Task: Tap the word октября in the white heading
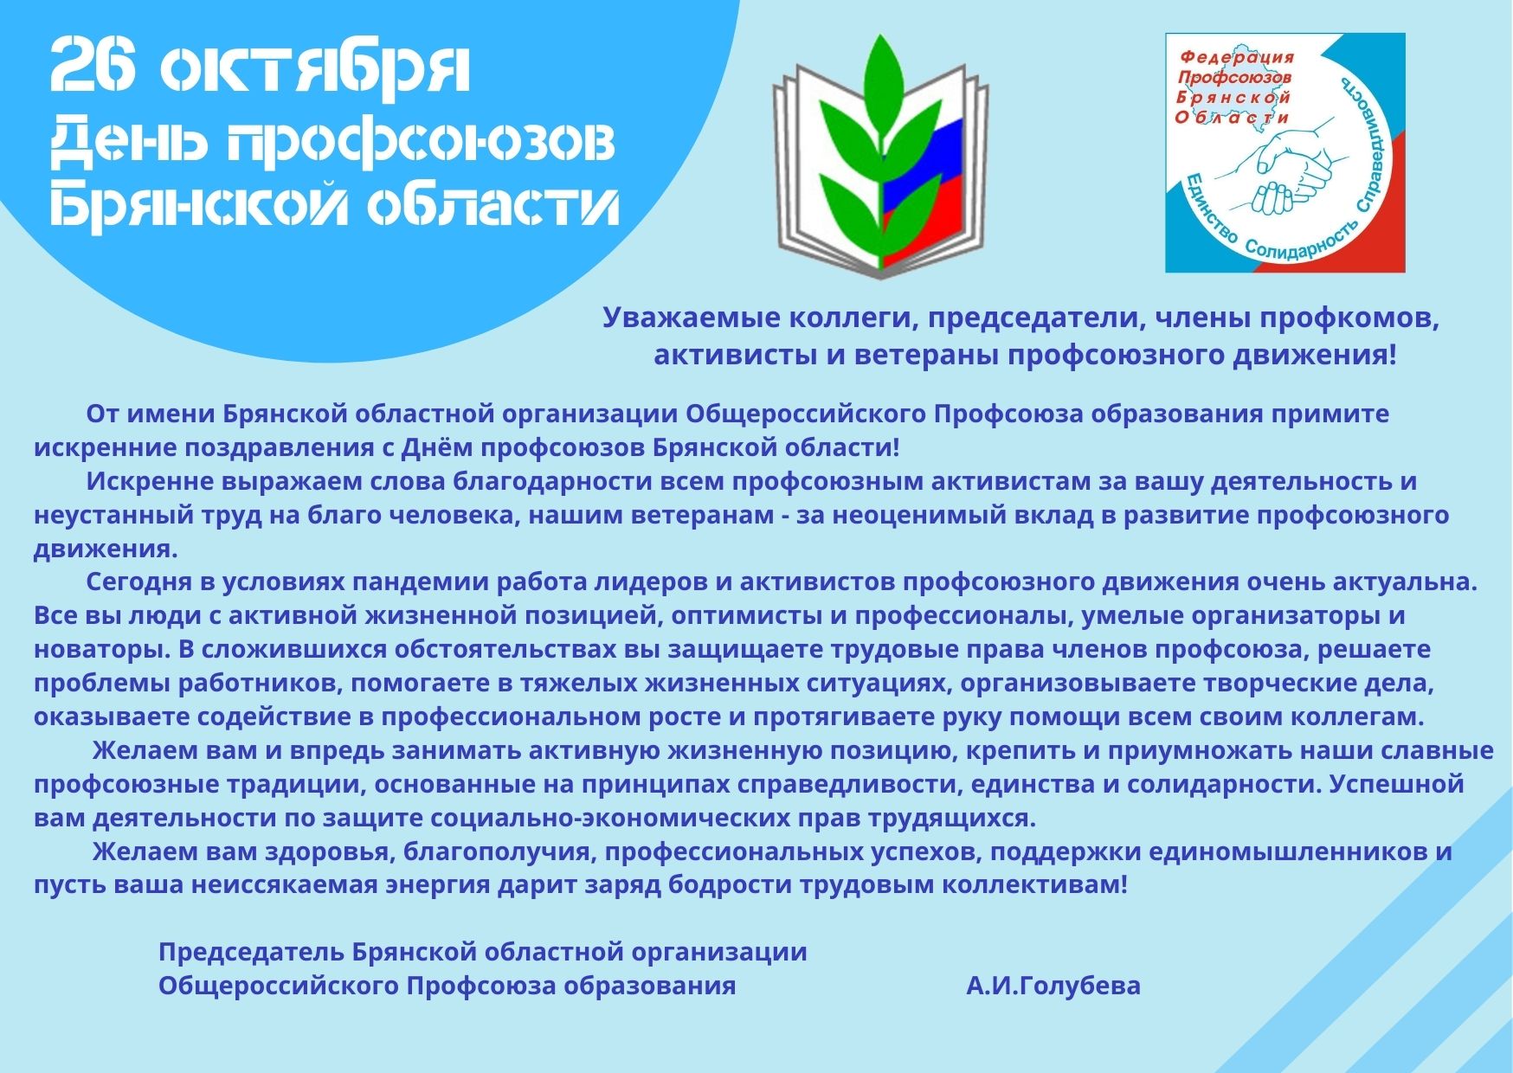click(x=317, y=69)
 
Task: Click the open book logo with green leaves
click(x=880, y=156)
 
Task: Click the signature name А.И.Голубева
click(x=1053, y=986)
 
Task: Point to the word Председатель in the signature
click(x=251, y=952)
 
